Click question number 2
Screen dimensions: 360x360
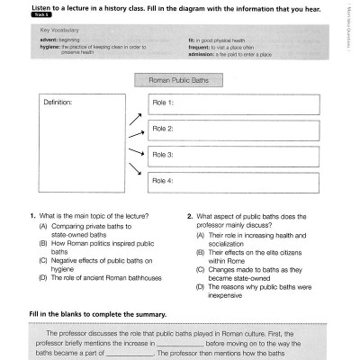tap(190, 217)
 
